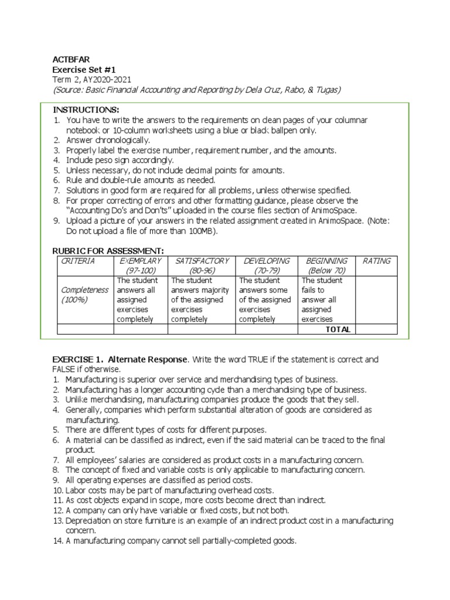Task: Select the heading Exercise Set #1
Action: tap(79, 70)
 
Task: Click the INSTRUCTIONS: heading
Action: tap(86, 110)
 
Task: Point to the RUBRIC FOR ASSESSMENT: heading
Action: tap(108, 251)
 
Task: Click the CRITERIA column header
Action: tap(78, 261)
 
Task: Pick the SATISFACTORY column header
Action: tap(202, 261)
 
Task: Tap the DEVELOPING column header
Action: tap(267, 261)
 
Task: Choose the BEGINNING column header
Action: tap(326, 261)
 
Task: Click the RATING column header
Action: tap(377, 261)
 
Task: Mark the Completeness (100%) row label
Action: tap(85, 295)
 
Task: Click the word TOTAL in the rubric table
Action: tap(338, 329)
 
